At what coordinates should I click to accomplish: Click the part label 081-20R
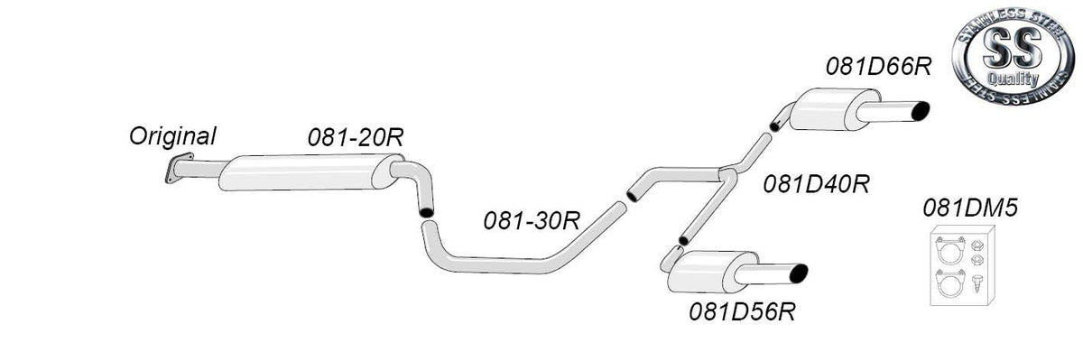pyautogui.click(x=356, y=138)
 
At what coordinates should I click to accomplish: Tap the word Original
pyautogui.click(x=172, y=137)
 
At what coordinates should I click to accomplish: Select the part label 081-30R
pyautogui.click(x=532, y=221)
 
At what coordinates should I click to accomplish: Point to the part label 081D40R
pyautogui.click(x=817, y=184)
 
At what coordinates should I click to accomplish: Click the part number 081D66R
pyautogui.click(x=878, y=67)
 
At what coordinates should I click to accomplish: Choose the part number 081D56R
pyautogui.click(x=742, y=311)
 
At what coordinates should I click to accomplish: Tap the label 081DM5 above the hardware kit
pyautogui.click(x=970, y=208)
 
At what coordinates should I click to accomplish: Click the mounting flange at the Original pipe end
pyautogui.click(x=179, y=168)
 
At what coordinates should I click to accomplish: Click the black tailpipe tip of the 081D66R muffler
pyautogui.click(x=920, y=111)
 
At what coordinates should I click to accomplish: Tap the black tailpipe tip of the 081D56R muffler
pyautogui.click(x=799, y=273)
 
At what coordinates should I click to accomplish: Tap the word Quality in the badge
pyautogui.click(x=1013, y=79)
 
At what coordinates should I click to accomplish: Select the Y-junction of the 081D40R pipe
pyautogui.click(x=727, y=175)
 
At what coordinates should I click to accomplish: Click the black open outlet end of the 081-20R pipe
pyautogui.click(x=426, y=212)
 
